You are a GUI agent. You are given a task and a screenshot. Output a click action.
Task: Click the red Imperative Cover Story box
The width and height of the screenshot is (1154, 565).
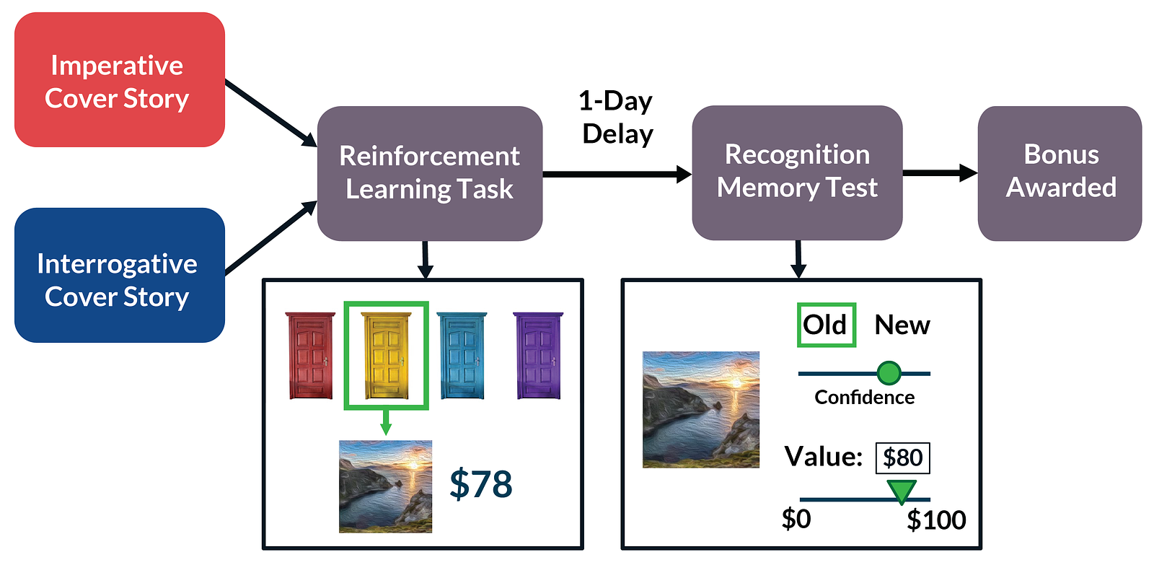pos(120,80)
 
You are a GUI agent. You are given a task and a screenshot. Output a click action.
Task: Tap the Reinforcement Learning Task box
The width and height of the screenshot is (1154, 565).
pos(430,173)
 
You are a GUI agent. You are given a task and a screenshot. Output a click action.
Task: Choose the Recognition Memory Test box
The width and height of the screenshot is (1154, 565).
pos(797,172)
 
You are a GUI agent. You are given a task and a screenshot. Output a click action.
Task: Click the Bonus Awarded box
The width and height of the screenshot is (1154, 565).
pos(1060,172)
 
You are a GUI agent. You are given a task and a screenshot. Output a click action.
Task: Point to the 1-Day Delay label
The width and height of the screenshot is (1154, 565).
pos(617,118)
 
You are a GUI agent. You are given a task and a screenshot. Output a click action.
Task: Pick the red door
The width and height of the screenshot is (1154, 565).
pos(311,356)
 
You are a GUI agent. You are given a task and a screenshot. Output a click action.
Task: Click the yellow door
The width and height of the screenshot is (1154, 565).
pos(387,356)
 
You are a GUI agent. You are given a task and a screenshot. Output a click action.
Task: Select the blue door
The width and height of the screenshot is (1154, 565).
pos(462,356)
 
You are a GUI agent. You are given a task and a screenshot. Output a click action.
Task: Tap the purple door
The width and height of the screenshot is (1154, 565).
pos(538,356)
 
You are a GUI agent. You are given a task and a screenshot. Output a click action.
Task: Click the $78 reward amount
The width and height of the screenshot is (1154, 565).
pos(481,484)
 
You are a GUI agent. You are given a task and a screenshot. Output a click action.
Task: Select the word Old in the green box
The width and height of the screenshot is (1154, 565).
pos(826,325)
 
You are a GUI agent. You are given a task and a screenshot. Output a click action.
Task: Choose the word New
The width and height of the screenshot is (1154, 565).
pos(902,325)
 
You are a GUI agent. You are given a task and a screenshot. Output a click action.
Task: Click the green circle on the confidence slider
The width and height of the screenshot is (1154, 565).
pos(889,373)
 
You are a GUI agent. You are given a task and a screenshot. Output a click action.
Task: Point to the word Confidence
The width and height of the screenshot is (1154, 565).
pos(864,398)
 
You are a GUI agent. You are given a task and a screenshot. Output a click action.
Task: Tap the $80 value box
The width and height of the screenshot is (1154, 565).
pos(902,458)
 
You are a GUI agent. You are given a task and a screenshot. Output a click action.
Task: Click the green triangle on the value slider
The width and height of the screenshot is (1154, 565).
pos(902,491)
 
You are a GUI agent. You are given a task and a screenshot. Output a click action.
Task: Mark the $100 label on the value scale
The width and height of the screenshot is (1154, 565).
pos(936,520)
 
